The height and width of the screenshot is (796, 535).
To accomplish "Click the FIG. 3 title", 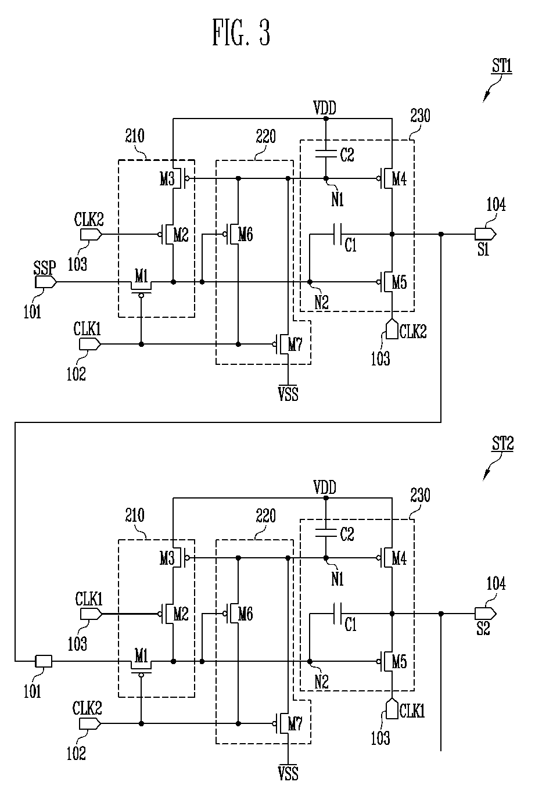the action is click(x=241, y=33).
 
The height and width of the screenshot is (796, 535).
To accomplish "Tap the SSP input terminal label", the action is click(x=45, y=268).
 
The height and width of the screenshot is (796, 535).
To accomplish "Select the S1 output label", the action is click(x=483, y=249).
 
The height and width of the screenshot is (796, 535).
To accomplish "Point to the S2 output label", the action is click(x=483, y=628).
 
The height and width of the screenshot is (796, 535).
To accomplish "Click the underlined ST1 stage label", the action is click(x=502, y=66).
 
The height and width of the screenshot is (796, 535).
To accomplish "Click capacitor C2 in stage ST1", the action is click(x=326, y=153).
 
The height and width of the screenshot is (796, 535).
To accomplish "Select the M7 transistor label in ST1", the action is click(x=295, y=345).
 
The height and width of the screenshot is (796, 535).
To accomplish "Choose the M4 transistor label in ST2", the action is click(x=399, y=558).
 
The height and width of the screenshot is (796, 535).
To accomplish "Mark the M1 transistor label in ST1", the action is click(x=141, y=275).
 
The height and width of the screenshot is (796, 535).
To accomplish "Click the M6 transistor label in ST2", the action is click(x=246, y=614).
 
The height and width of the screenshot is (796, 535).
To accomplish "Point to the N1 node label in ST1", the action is click(x=337, y=199).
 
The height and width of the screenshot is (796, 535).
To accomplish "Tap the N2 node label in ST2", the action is click(x=321, y=682).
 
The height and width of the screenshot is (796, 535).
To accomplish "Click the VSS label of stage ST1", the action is click(x=288, y=394).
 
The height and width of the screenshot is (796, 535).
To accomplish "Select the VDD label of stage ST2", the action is click(x=325, y=487).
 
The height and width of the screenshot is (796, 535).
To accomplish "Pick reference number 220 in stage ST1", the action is click(x=265, y=136).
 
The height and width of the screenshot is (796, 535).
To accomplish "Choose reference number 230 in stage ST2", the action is click(x=420, y=495).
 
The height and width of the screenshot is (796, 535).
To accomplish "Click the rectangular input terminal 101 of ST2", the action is click(x=44, y=661).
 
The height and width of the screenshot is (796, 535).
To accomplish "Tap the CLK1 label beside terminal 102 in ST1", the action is click(x=87, y=329).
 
